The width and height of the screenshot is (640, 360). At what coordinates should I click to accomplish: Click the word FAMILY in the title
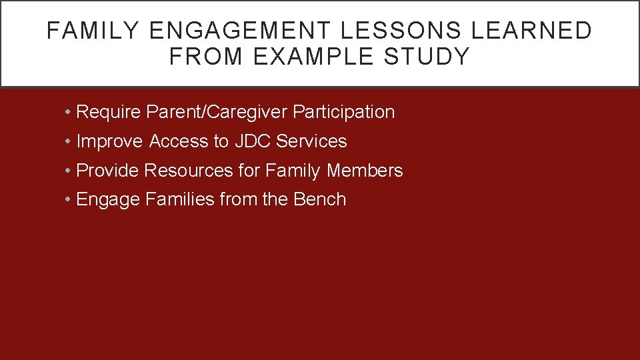pos(93,31)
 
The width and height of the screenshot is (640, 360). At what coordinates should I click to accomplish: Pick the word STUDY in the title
pos(433,57)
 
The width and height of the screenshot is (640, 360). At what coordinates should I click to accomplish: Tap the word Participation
pos(344,112)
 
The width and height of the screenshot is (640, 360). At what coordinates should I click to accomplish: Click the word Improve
pos(109,141)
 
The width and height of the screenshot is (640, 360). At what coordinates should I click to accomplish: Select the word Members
pos(365,171)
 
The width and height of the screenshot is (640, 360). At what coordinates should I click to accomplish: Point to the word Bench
pos(319,199)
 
